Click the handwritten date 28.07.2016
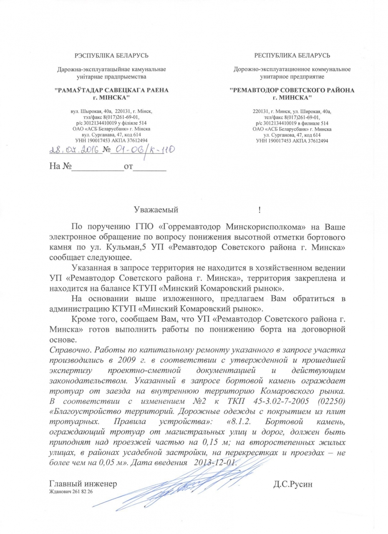click(75, 150)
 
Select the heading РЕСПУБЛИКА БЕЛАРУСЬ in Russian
click(292, 55)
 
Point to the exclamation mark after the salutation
click(260, 209)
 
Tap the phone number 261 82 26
click(82, 492)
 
